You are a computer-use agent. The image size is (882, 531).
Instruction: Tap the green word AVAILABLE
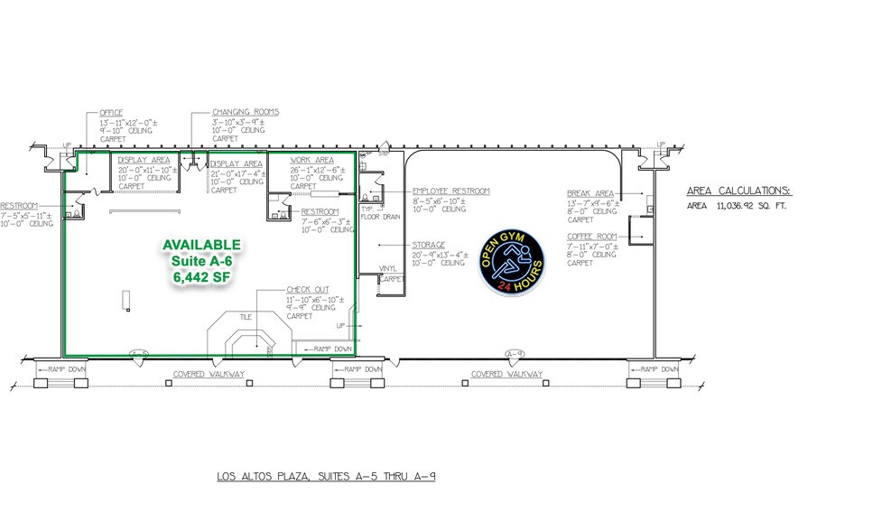[x=201, y=245]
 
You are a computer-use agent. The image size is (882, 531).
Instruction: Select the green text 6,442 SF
[x=202, y=278]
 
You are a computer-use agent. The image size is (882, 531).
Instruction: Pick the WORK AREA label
[x=312, y=160]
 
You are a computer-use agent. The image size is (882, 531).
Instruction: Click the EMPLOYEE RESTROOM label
[x=450, y=191]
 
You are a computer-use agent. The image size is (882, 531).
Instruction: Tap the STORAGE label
[x=429, y=244]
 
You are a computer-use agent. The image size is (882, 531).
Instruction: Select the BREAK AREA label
[x=590, y=193]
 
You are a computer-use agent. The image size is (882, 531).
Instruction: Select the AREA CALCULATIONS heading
[x=738, y=191]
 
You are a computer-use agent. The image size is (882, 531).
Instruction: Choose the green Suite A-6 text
[x=201, y=262]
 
